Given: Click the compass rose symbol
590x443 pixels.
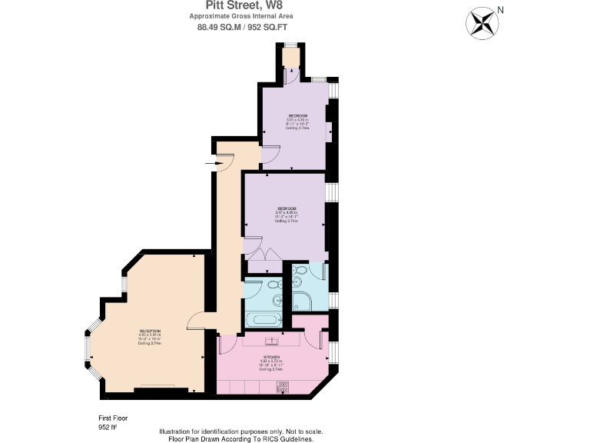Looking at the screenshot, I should (482, 22).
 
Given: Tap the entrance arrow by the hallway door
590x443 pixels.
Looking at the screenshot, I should (211, 163).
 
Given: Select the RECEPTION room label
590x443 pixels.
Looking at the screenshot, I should (150, 331).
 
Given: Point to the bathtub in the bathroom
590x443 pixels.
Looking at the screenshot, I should (263, 320).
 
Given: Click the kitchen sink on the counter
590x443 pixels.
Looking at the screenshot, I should (273, 341).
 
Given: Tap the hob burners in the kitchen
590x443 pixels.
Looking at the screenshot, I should (281, 389).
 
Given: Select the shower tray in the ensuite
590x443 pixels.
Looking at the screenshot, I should (302, 300).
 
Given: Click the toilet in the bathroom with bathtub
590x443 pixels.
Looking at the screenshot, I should (273, 286).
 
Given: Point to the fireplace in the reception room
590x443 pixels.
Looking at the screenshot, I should (161, 389).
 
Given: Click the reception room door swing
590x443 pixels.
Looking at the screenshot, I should (196, 321).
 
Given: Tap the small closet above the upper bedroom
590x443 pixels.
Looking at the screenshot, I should (290, 57).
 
